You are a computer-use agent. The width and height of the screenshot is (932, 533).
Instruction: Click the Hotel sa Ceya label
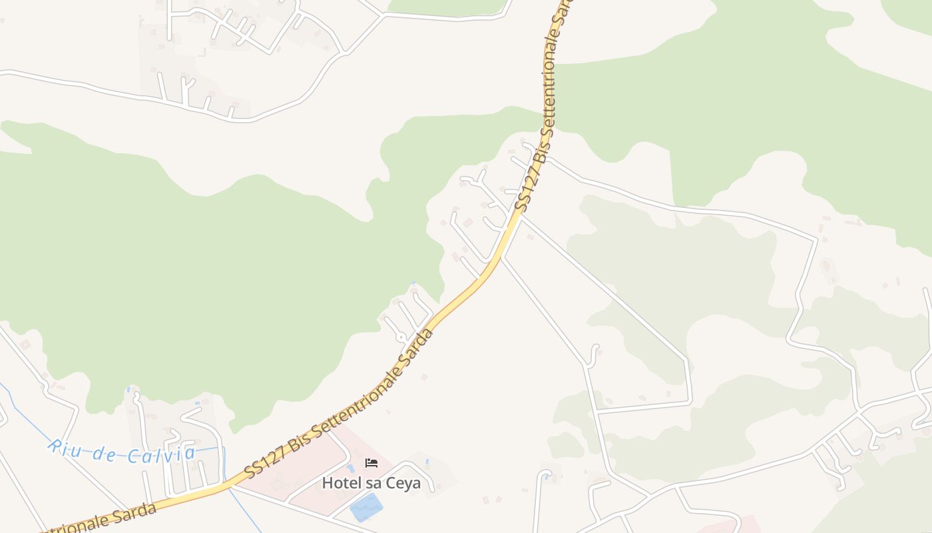(x=371, y=483)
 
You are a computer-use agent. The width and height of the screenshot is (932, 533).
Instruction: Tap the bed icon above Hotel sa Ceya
(x=371, y=463)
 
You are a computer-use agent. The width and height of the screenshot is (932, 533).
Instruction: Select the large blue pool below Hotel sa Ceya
(x=366, y=507)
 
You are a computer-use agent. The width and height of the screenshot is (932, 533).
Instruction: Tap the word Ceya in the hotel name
(x=403, y=483)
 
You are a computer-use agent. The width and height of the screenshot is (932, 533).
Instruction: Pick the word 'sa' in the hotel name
(x=373, y=483)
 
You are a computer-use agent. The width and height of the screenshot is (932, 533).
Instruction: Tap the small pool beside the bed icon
(x=351, y=467)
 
